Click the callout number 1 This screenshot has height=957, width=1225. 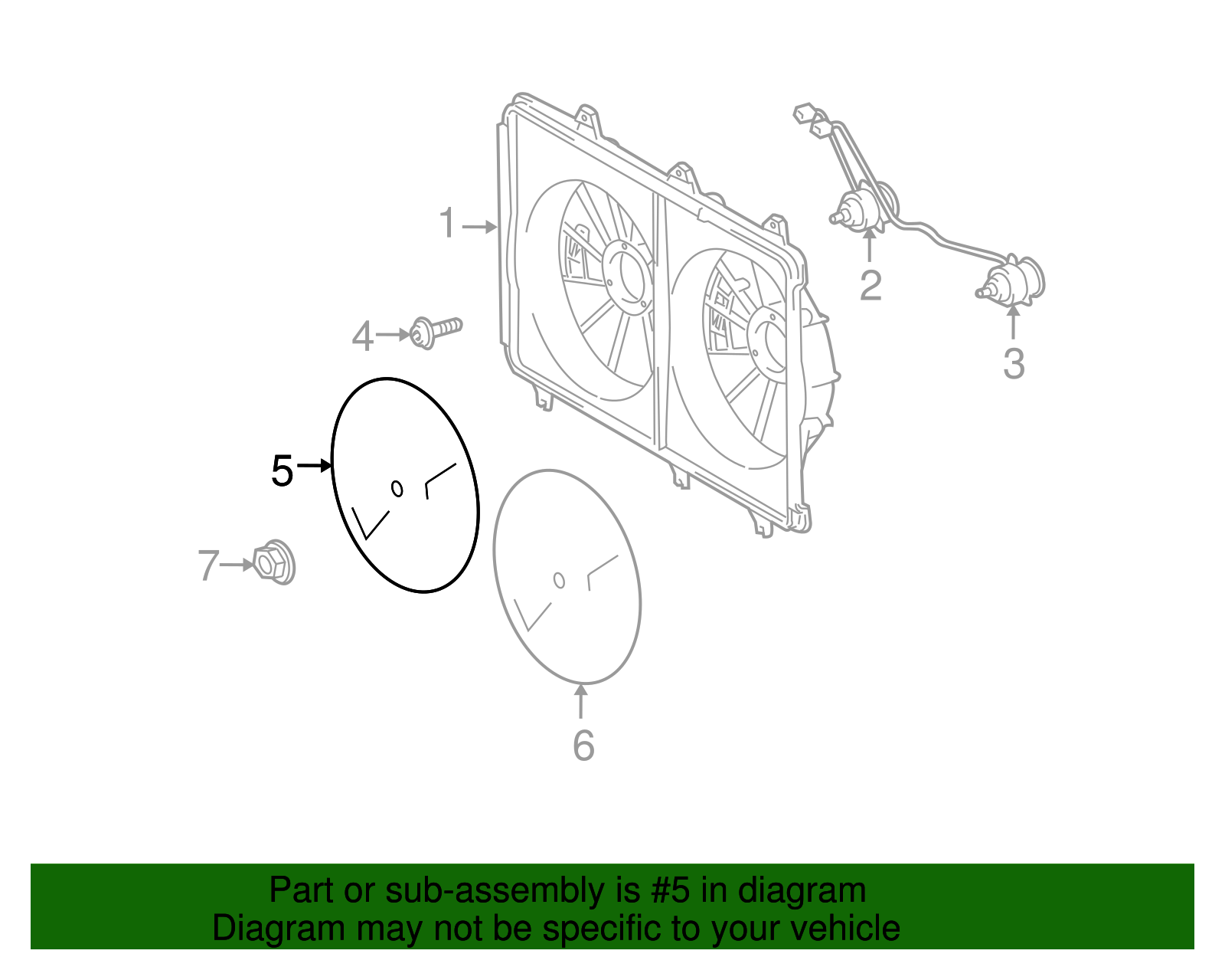(x=448, y=223)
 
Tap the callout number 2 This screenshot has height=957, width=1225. (x=871, y=286)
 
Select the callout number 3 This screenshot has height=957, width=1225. (x=1014, y=364)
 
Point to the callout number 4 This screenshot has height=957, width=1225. (x=362, y=336)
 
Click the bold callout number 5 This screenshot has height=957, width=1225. (x=283, y=471)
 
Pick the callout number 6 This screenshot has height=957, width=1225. (x=583, y=746)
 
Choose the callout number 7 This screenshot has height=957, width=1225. (x=208, y=565)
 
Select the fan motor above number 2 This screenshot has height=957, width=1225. (x=864, y=208)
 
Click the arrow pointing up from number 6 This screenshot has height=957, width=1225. (x=581, y=701)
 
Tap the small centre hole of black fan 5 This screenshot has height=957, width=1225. (x=397, y=488)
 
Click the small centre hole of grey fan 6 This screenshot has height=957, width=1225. (x=559, y=580)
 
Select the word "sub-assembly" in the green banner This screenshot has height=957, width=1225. (x=512, y=890)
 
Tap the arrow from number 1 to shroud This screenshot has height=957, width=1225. (x=480, y=227)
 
